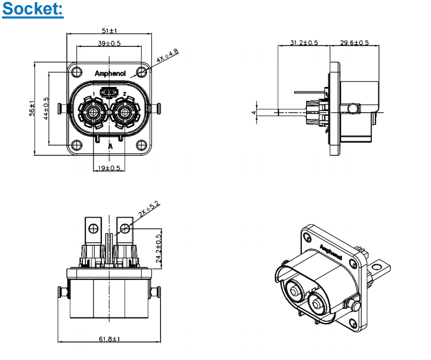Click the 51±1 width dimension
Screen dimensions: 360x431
click(x=109, y=31)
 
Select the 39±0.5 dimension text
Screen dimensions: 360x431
click(x=109, y=44)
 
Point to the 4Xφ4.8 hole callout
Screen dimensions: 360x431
click(x=168, y=56)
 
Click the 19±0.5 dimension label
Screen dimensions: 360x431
click(x=109, y=168)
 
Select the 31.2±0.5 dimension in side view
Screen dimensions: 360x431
click(x=304, y=43)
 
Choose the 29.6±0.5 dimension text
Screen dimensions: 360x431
click(x=354, y=43)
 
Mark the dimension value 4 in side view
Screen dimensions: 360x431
click(x=254, y=112)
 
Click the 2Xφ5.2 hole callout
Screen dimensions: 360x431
click(x=150, y=209)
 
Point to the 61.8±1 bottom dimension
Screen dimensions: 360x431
click(x=109, y=339)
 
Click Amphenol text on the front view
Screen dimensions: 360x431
click(x=110, y=74)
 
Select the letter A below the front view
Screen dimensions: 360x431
click(x=110, y=147)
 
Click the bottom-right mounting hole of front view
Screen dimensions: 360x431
click(x=141, y=145)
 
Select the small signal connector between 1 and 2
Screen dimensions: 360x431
click(x=109, y=93)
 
